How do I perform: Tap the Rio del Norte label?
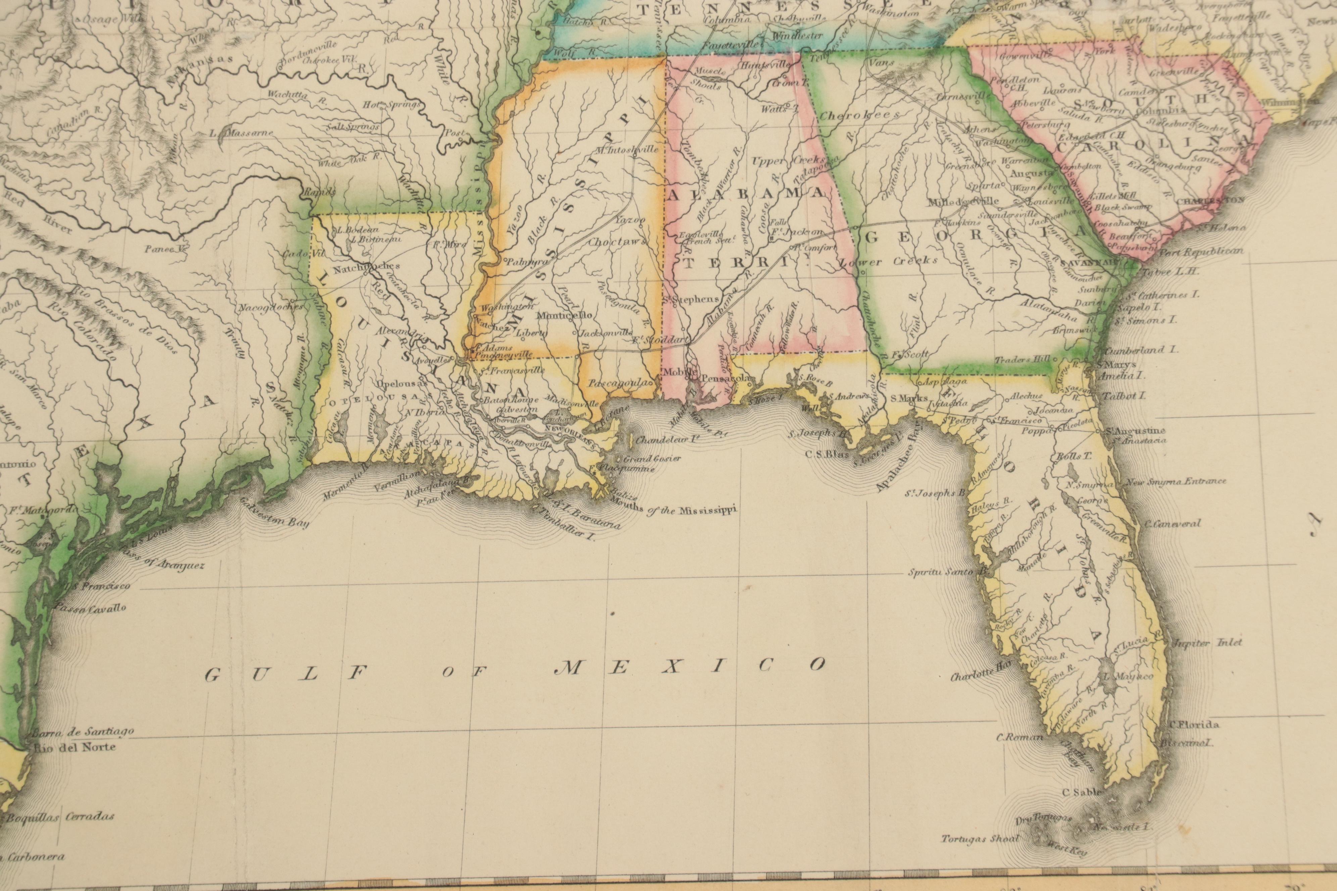(75, 747)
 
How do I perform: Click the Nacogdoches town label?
(263, 308)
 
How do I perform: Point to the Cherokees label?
(859, 115)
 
